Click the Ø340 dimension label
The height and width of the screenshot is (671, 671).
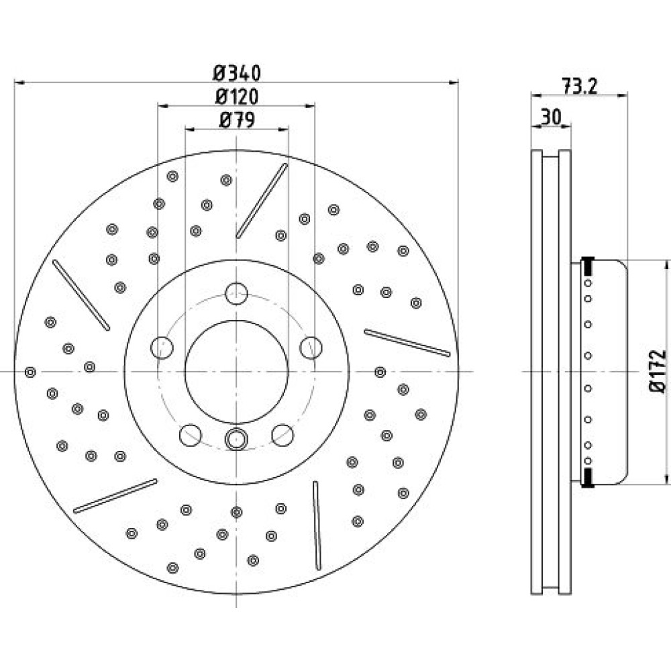coord(237,73)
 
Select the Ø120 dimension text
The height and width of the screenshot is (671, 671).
coord(237,97)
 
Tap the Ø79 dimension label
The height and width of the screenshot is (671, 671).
coord(237,120)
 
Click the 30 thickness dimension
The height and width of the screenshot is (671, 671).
coord(551,117)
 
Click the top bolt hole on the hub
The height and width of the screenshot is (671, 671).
coord(236,294)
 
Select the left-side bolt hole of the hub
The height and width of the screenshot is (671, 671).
coord(162,348)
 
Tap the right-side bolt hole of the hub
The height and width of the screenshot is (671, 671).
coord(311,348)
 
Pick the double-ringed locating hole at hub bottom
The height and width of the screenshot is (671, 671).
coord(236,439)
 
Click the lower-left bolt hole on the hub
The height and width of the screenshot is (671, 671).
coord(191,435)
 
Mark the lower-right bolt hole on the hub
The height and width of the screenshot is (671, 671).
coord(282,435)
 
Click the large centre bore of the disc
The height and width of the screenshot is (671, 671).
coord(237,372)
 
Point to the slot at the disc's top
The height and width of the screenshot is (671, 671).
coord(262,200)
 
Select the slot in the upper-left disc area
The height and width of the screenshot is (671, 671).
coord(81,295)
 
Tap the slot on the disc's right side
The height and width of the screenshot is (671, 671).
coord(407,342)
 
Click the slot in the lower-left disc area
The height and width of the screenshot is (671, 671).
coord(115,496)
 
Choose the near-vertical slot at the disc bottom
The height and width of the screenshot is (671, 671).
coord(317,525)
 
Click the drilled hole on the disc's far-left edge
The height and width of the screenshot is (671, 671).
coord(30,372)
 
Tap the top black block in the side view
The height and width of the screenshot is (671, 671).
coord(588,266)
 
